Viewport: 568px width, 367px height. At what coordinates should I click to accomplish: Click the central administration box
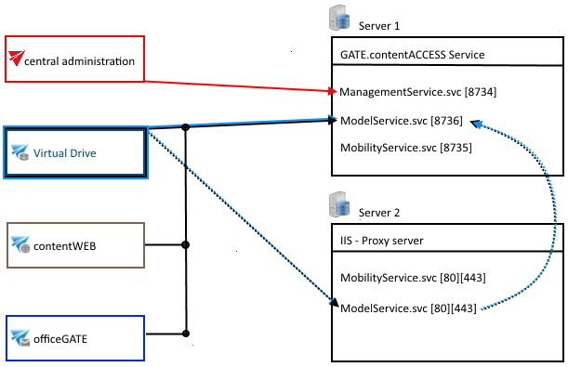coord(75,60)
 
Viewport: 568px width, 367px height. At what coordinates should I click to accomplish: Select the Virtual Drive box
coord(75,151)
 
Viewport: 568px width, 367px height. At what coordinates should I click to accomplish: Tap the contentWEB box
coord(75,245)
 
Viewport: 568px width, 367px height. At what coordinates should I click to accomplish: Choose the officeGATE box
coord(75,338)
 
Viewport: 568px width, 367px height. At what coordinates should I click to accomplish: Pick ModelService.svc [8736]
coord(401,121)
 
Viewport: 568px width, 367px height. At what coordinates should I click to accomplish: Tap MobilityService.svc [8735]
coord(401,148)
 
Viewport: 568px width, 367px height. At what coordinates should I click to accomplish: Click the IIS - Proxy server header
coord(382,242)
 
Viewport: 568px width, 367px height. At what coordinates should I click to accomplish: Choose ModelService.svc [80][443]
coord(408,308)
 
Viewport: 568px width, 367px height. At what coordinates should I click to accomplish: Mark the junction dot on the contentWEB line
coord(187,245)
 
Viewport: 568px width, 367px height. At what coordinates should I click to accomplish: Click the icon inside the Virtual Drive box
coord(20,152)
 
